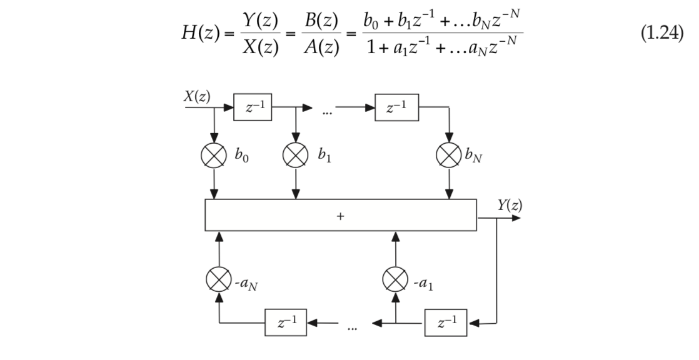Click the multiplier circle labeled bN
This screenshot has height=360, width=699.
coord(448,154)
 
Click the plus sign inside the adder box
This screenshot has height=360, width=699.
coord(341,216)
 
